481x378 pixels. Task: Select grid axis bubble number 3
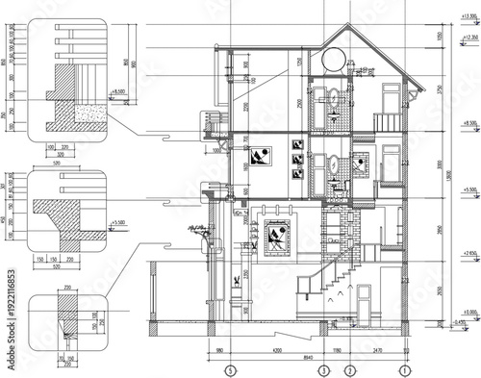tap(324, 369)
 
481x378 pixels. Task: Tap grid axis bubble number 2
tap(350, 369)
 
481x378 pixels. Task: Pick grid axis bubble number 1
tap(405, 369)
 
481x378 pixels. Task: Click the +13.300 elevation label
tap(468, 18)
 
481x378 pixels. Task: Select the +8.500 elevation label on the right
tap(468, 124)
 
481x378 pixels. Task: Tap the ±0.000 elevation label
tap(468, 313)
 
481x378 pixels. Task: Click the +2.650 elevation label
tap(468, 253)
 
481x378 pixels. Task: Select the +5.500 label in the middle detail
tap(119, 222)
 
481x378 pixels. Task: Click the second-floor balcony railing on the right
tap(386, 122)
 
